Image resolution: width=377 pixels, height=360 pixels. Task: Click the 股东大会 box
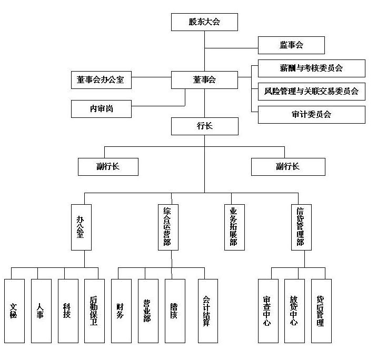pos(205,22)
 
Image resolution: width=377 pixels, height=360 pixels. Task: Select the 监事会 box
pos(291,45)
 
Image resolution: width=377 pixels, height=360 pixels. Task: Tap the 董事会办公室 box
pos(101,80)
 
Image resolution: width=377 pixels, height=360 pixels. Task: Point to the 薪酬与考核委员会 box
pos(311,68)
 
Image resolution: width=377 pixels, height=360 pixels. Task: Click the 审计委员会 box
pos(311,114)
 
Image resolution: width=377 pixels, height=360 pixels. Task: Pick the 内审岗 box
pos(101,109)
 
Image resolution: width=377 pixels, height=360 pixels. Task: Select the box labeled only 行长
pos(205,126)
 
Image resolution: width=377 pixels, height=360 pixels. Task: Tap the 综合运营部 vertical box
pos(167,227)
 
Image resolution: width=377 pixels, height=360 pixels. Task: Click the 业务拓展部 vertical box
pos(234,227)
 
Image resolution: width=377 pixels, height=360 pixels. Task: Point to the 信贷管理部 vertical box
pos(301,227)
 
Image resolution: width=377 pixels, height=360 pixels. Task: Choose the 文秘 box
pos(14,311)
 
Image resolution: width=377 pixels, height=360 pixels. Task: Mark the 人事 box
pos(41,311)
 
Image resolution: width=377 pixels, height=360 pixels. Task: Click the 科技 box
pos(67,311)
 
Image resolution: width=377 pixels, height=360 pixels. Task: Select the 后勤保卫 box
pos(94,311)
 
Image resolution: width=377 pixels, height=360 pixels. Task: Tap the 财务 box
pos(121,311)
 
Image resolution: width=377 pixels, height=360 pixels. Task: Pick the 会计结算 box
pos(207,311)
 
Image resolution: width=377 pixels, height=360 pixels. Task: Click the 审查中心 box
pos(267,311)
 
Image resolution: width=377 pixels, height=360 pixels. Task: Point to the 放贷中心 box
pos(294,311)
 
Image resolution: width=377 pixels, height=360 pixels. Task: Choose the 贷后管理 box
pos(321,311)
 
